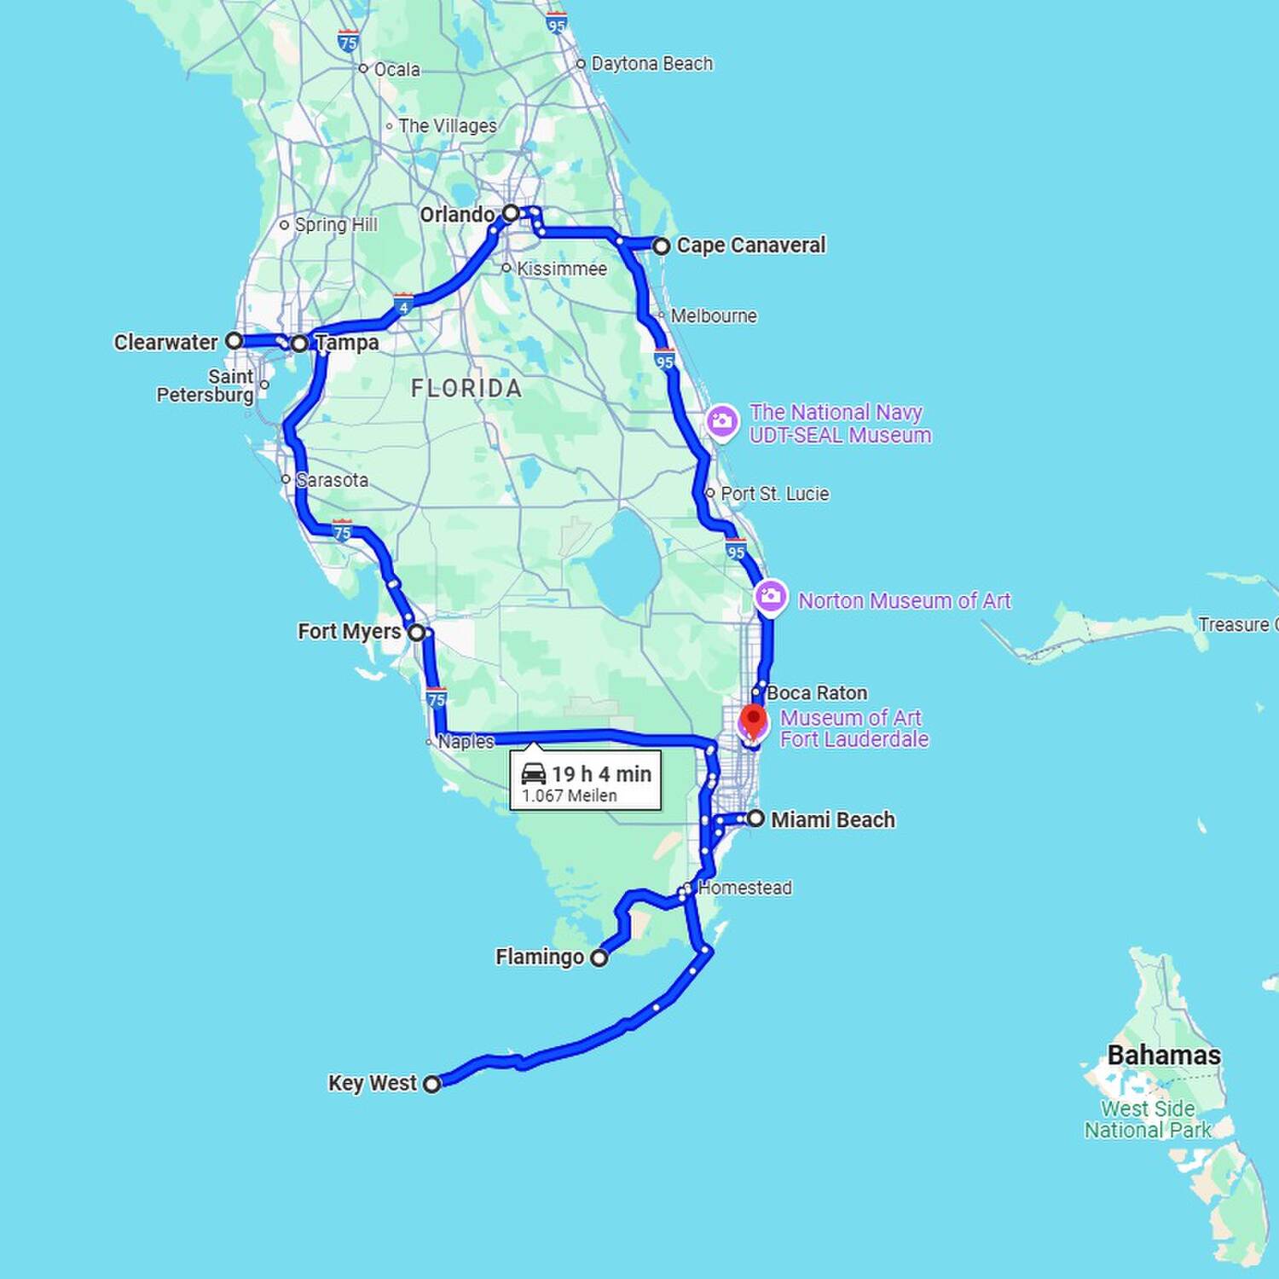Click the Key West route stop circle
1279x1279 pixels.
432,1084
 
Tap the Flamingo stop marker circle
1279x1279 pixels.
599,958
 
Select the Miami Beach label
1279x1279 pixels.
832,819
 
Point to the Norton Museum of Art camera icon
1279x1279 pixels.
771,598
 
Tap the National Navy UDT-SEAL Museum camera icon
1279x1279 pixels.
722,421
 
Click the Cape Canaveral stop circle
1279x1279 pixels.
662,246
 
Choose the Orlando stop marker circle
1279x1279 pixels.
510,212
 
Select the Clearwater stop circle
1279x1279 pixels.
234,340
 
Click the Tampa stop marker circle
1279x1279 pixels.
299,344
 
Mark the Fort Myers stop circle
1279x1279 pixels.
416,633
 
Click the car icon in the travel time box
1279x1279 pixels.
534,773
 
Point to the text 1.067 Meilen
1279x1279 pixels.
569,796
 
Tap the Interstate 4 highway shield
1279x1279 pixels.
403,304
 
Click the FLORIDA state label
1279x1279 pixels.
466,389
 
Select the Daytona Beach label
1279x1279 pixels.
651,64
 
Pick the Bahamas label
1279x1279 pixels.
1163,1055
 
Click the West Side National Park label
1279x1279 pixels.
1148,1120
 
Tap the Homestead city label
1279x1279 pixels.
744,888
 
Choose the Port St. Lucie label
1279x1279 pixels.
774,494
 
